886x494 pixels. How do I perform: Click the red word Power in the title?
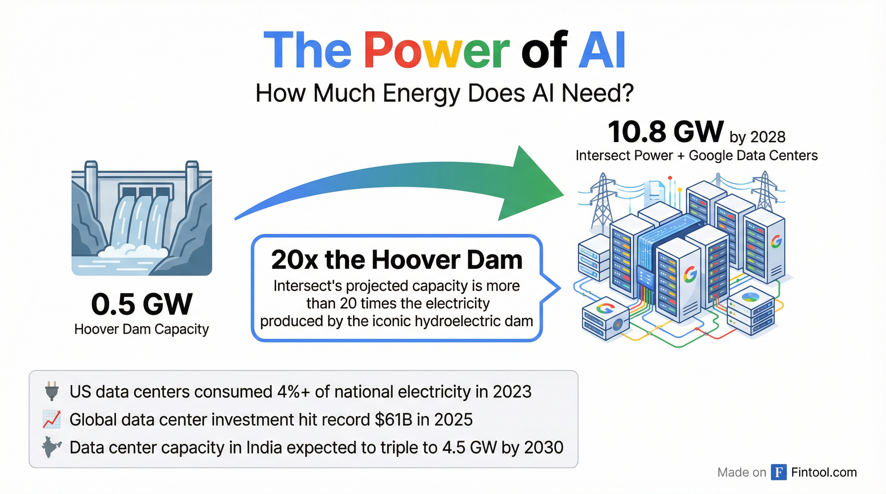point(437,50)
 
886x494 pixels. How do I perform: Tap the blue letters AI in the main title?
point(601,50)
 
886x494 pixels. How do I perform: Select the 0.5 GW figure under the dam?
point(141,304)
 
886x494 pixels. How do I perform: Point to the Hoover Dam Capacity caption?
point(141,329)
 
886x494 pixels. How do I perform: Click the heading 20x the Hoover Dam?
point(397,260)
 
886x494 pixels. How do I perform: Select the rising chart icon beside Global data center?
point(52,419)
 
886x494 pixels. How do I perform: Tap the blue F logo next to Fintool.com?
point(779,472)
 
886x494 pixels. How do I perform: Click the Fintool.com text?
point(824,472)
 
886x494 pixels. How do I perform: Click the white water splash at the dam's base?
point(132,251)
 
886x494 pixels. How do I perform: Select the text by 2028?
point(757,137)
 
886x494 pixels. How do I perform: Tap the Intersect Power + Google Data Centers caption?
point(696,155)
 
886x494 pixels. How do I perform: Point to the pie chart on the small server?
point(751,297)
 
